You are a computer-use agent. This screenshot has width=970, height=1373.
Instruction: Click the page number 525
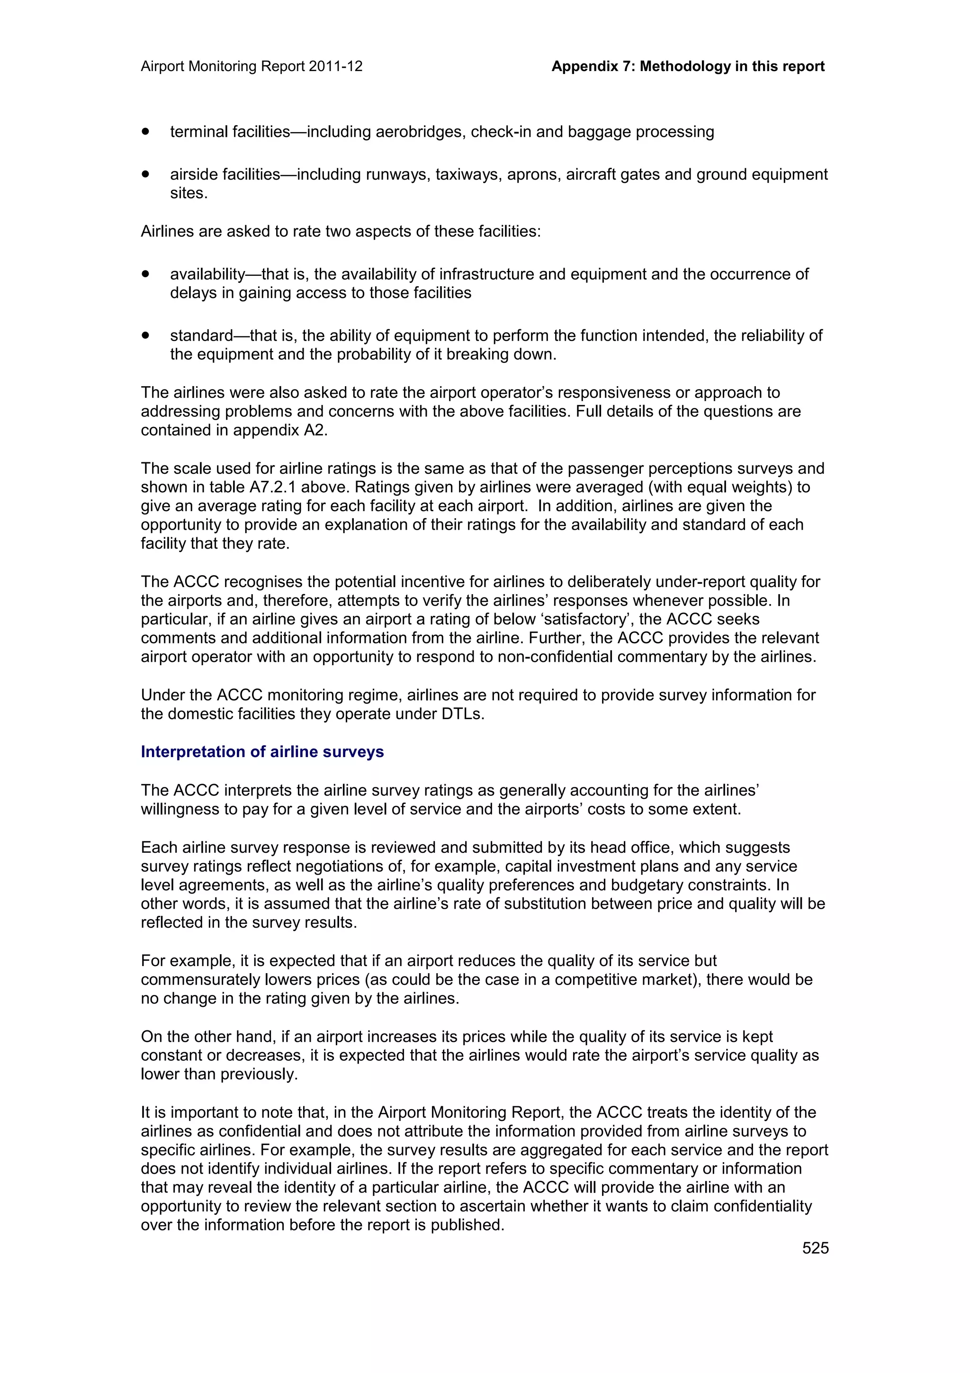pos(815,1248)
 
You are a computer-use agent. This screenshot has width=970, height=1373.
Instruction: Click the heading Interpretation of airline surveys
pos(262,752)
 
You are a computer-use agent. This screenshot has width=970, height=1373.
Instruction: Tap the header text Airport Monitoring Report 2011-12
pos(251,66)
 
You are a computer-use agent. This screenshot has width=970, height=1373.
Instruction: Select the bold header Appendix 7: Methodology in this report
pos(687,66)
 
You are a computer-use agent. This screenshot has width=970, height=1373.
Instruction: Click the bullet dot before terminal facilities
pos(145,131)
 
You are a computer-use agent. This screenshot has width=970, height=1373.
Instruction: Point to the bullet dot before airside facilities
pos(145,174)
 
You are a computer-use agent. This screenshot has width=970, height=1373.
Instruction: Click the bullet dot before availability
pos(145,274)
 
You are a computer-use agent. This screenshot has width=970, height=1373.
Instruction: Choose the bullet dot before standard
pos(145,335)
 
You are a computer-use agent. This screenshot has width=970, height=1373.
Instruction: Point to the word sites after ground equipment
pos(188,193)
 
